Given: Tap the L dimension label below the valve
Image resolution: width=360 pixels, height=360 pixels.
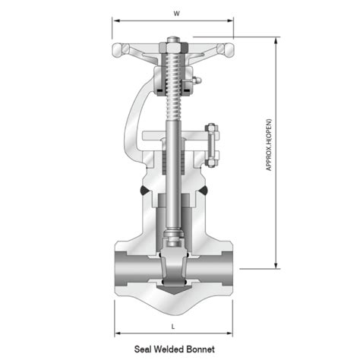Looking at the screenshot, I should [x=174, y=325].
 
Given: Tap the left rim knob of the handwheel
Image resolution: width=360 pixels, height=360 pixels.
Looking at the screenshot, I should [x=117, y=51].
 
